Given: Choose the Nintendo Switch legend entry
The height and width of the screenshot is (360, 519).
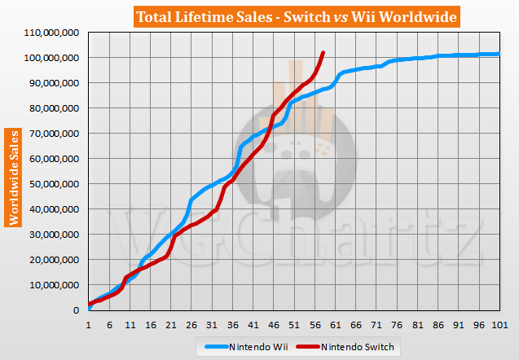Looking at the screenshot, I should click(352, 347).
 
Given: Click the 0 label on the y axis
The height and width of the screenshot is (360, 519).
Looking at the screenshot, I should click(75, 310).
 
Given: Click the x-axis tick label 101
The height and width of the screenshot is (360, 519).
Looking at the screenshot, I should click(499, 324).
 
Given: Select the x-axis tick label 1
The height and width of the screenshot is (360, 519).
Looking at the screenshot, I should click(88, 324).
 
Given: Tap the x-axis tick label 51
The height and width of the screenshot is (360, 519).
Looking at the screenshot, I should click(293, 324).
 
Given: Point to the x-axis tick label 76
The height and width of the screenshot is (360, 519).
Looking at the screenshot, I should click(396, 324).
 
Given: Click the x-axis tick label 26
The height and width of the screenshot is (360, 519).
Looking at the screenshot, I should click(191, 324).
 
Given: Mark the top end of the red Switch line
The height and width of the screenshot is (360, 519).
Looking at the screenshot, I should click(323, 53).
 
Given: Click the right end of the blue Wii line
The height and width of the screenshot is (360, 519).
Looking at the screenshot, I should click(499, 54).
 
